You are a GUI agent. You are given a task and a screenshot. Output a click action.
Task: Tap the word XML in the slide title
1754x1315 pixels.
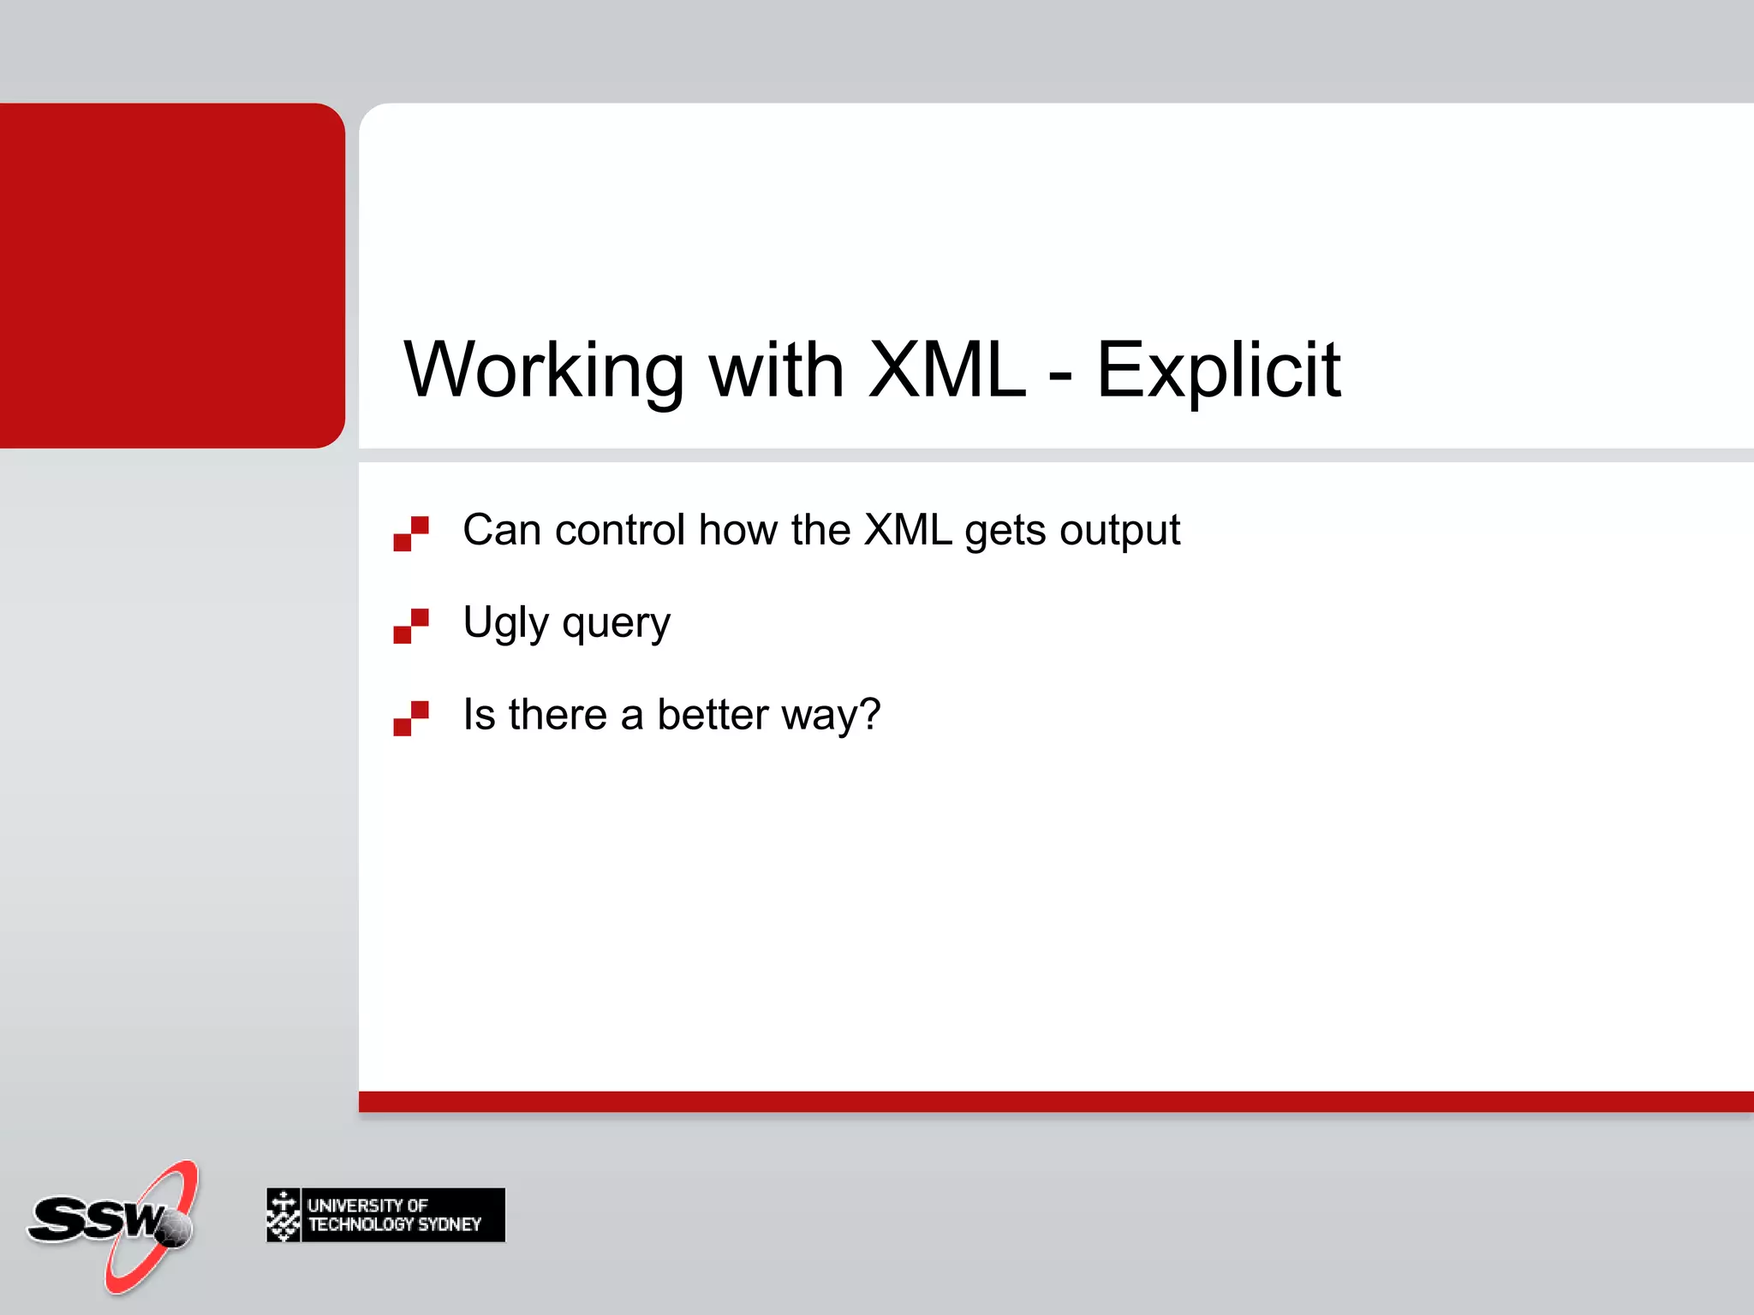pyautogui.click(x=946, y=370)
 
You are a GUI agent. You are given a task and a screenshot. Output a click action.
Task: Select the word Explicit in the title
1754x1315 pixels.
pyautogui.click(x=1218, y=370)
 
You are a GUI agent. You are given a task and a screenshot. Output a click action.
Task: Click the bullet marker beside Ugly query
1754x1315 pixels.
pyautogui.click(x=411, y=626)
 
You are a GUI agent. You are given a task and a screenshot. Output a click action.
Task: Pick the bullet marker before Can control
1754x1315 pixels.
pyautogui.click(x=411, y=533)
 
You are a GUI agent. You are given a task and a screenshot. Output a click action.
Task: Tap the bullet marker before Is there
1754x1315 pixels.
pyautogui.click(x=411, y=718)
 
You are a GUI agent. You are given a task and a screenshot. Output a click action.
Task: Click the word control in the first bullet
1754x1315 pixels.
pyautogui.click(x=620, y=530)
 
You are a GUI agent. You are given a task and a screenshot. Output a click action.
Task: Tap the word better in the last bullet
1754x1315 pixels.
pyautogui.click(x=713, y=715)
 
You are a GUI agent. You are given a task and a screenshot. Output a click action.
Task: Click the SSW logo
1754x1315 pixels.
pyautogui.click(x=111, y=1224)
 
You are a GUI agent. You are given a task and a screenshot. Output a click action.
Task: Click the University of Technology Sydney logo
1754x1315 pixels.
pyautogui.click(x=385, y=1215)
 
